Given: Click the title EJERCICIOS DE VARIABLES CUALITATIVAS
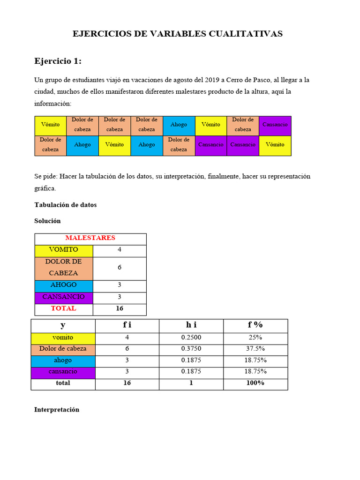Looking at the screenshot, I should (x=177, y=34).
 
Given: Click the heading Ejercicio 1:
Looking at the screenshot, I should (x=58, y=61).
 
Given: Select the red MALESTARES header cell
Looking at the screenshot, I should (x=90, y=238).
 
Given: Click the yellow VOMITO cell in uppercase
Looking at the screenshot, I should (x=64, y=250).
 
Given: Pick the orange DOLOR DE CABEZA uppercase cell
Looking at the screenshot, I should (x=64, y=267).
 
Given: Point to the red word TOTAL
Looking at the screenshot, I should (x=64, y=308).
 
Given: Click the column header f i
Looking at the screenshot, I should (x=127, y=325).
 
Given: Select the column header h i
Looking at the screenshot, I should (x=191, y=325).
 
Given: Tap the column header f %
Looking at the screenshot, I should (x=255, y=325).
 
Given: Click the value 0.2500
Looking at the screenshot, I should (x=191, y=337).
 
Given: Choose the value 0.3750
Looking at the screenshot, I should (x=191, y=349).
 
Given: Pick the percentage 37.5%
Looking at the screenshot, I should (x=255, y=349).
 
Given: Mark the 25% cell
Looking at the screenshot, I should (x=255, y=337).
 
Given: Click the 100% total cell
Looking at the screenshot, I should (x=255, y=383).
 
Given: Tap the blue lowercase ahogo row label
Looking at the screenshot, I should (x=63, y=360).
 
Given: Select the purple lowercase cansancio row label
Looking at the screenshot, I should (x=63, y=371).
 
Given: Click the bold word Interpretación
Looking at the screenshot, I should (x=57, y=410).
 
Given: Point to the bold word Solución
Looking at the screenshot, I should (x=47, y=221).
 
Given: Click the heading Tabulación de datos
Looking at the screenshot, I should (x=66, y=205).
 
